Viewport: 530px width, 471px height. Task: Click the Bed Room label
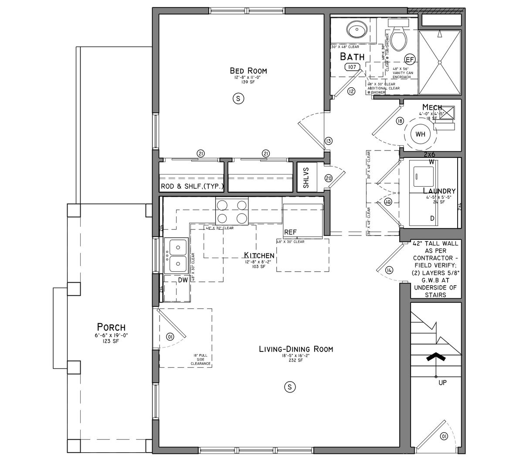pos(248,71)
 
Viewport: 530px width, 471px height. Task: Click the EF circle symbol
pos(410,59)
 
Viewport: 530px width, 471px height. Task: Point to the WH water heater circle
pos(420,134)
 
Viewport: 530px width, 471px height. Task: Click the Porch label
pos(111,327)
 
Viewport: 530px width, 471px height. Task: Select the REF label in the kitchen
pos(291,232)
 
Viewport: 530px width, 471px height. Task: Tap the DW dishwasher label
pos(183,280)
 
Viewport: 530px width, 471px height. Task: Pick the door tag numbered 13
pos(329,141)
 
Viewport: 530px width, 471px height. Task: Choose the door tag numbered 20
pos(329,177)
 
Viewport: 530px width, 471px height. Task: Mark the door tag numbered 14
pos(389,270)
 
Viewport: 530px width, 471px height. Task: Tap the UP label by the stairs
pos(442,383)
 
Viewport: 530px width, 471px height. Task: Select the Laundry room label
pos(439,191)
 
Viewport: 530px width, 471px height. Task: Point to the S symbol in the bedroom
pos(238,99)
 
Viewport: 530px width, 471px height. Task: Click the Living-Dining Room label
pos(296,349)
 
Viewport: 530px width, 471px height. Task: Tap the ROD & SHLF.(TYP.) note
pos(192,187)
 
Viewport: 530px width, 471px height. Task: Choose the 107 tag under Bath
pos(351,67)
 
